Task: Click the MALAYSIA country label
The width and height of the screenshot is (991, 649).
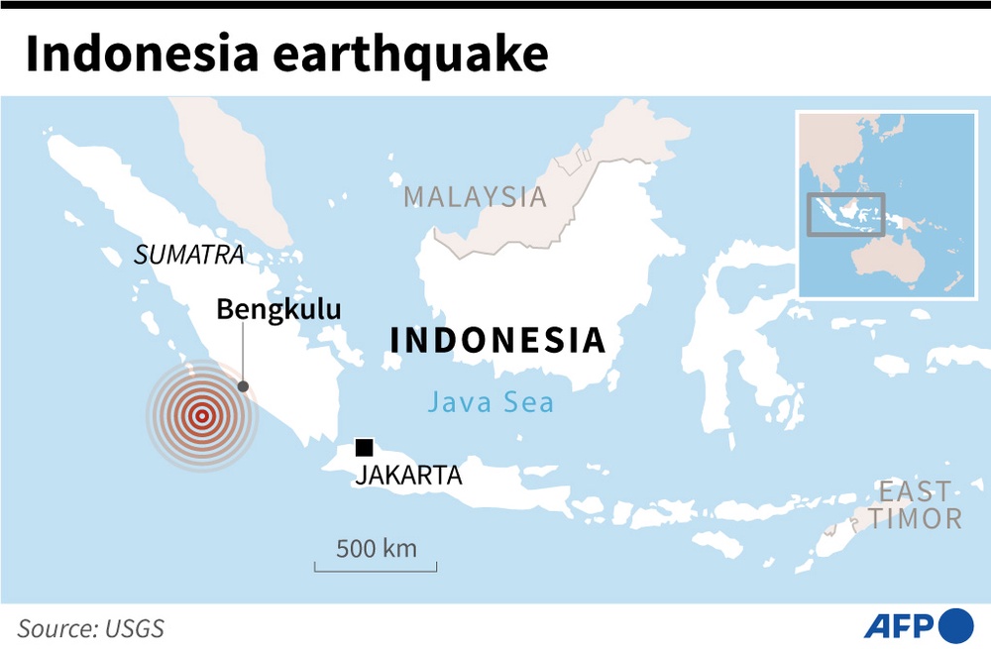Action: point(475,196)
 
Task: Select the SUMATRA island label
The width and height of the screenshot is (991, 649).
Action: point(189,255)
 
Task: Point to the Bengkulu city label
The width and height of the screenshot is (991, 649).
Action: point(279,309)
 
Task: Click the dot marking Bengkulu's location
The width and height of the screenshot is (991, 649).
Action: point(244,386)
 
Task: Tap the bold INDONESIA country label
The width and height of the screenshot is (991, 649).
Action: point(497,340)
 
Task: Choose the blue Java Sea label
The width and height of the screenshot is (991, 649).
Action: point(491,402)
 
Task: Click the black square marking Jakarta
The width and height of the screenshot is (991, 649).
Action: point(365,447)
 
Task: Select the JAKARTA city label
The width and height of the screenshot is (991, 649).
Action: point(408,476)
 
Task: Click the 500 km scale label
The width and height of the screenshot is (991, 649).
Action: point(376,548)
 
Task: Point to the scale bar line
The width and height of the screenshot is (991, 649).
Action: point(376,570)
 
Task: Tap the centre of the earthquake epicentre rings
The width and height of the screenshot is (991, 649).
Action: point(201,416)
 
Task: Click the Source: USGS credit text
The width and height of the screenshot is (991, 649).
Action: point(90,628)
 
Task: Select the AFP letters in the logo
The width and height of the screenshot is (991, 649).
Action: point(898,626)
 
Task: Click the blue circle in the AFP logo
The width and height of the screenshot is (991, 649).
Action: point(956,626)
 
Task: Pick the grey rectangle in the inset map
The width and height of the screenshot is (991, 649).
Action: point(845,214)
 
